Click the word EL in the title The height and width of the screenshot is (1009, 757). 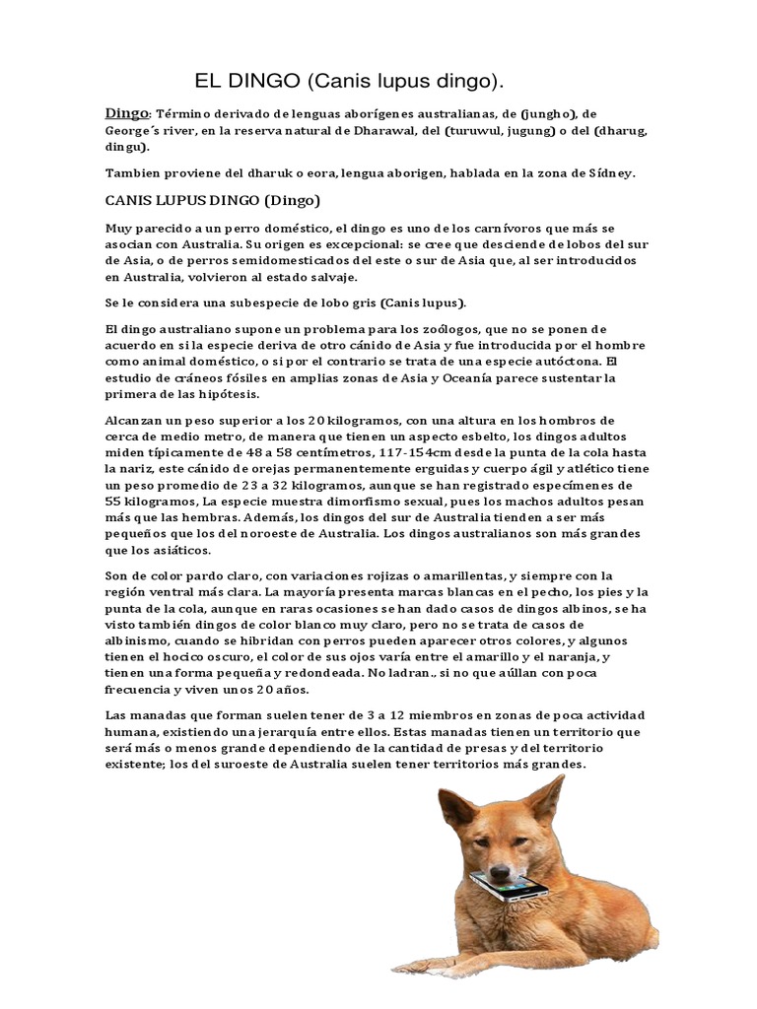[205, 80]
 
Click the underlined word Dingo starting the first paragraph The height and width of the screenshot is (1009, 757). [127, 113]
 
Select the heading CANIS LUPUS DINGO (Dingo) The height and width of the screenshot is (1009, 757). [213, 200]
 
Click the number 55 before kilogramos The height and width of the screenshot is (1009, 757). [115, 502]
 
